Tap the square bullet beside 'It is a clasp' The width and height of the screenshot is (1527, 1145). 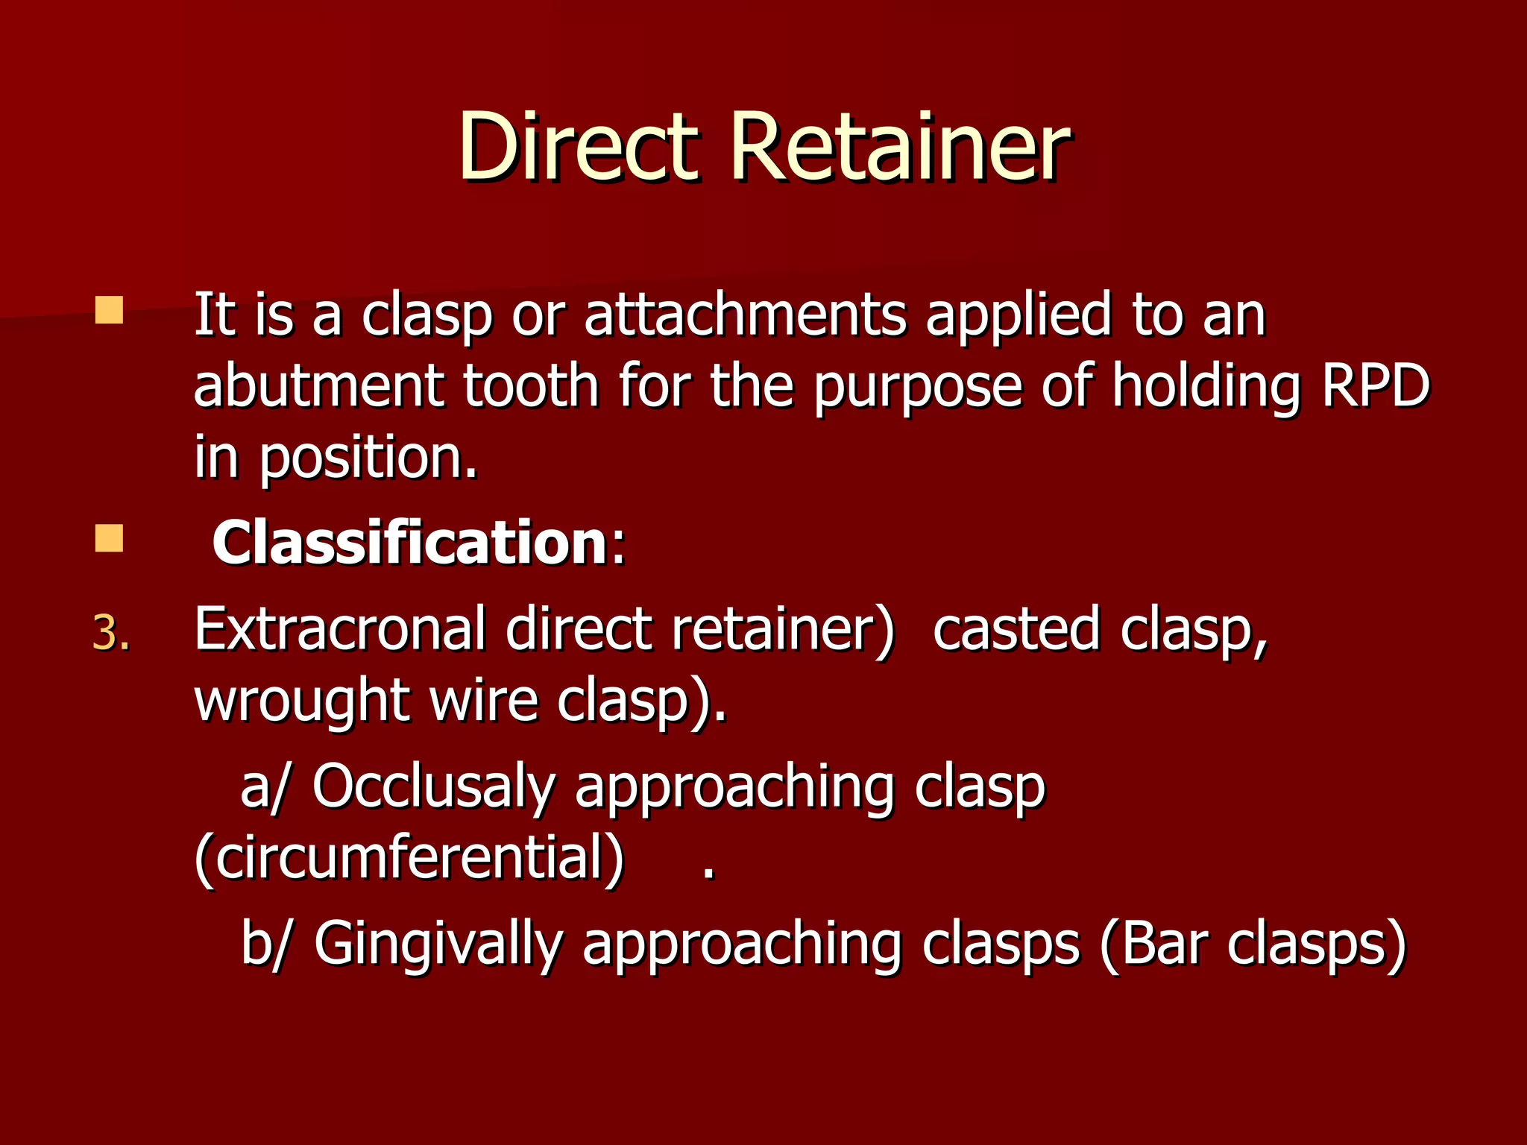[x=109, y=310]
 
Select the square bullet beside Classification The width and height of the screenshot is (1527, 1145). [x=109, y=538]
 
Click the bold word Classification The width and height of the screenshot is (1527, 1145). [x=410, y=543]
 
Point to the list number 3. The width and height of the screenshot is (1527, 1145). [x=111, y=634]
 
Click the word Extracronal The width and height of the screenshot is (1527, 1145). [x=340, y=630]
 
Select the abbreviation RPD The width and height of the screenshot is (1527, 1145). [x=1376, y=386]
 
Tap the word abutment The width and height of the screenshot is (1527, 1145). [x=319, y=386]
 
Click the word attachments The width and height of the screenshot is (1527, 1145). [x=745, y=315]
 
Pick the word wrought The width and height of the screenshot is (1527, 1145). [x=302, y=703]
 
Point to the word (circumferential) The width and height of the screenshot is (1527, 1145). [x=409, y=859]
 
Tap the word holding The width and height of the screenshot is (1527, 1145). [x=1206, y=386]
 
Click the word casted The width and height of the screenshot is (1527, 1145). [x=1016, y=630]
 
